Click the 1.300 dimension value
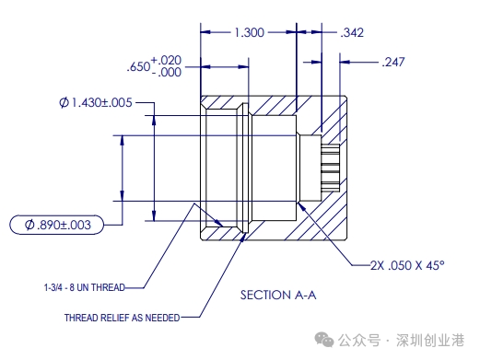[x=249, y=32]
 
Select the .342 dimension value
[x=352, y=32]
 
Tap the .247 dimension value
[x=393, y=62]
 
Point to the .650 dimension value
[x=138, y=66]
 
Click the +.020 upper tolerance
[x=166, y=60]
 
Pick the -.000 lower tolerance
[x=167, y=73]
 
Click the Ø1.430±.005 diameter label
[x=96, y=102]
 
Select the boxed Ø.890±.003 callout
[x=57, y=225]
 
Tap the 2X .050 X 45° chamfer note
[x=407, y=265]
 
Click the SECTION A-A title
[x=278, y=296]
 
